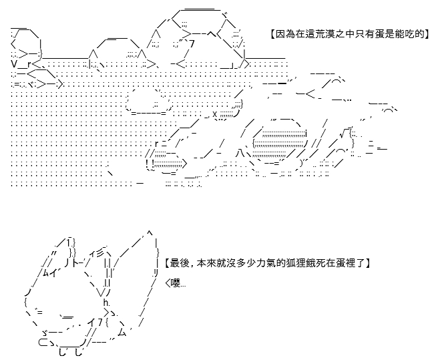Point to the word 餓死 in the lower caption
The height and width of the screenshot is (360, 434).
coord(312,262)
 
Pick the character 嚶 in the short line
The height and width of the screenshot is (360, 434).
coord(176,283)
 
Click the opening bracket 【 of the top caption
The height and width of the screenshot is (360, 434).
coord(272,34)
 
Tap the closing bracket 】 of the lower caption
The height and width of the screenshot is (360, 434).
coord(367,262)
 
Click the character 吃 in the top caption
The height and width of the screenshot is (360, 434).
coord(413,34)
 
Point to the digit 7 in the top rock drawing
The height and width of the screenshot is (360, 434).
coord(192,44)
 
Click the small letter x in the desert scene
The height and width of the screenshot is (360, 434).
coord(215,114)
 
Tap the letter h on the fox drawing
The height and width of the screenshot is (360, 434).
coord(105,302)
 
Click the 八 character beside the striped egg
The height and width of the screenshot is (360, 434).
coord(240,154)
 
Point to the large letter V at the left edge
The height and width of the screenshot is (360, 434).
coord(15,64)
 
